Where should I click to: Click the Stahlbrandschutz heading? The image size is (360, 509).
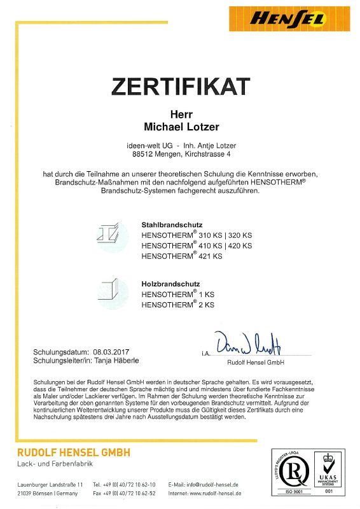tap(172, 225)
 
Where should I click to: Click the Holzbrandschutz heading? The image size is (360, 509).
tap(170, 284)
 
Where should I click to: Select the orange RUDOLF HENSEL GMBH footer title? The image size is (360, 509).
tap(73, 452)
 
